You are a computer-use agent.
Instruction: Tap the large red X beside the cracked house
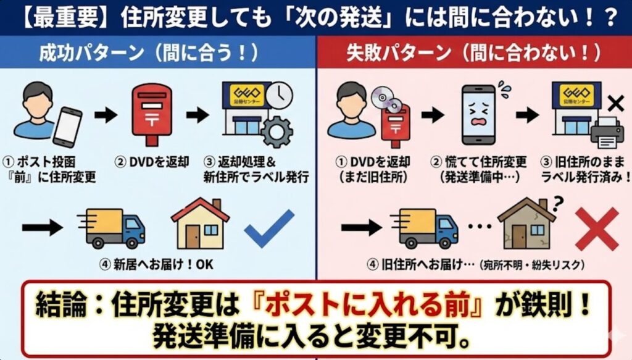[x=597, y=229]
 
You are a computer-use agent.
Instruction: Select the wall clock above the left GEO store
[x=279, y=96]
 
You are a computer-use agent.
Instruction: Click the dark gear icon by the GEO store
[x=277, y=132]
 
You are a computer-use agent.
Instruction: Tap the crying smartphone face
[x=478, y=114]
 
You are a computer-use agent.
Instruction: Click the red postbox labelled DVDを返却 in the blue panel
[x=152, y=115]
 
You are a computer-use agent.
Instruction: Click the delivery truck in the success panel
[x=111, y=228]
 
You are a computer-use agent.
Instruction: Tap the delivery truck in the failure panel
[x=424, y=228]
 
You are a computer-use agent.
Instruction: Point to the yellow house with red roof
[x=201, y=224]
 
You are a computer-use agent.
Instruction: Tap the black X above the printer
[x=615, y=104]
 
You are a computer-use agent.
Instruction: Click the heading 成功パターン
[x=91, y=53]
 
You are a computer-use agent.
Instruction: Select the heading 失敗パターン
[x=399, y=53]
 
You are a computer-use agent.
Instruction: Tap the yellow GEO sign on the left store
[x=247, y=95]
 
